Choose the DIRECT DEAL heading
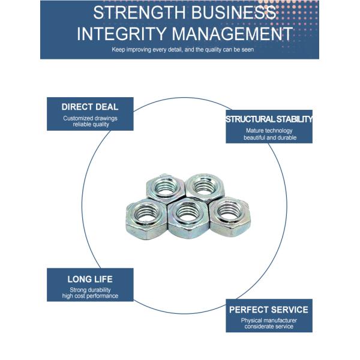(x=90, y=107)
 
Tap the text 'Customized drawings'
(x=90, y=118)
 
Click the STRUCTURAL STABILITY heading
(x=269, y=119)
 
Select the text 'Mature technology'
(x=269, y=130)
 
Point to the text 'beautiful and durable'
(x=269, y=137)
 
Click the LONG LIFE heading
(x=90, y=279)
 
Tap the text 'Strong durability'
(x=90, y=290)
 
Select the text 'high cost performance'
(x=90, y=296)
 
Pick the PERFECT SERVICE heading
(x=269, y=310)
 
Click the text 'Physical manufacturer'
(x=269, y=320)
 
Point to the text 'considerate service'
(x=269, y=327)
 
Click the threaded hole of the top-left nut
(x=163, y=189)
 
